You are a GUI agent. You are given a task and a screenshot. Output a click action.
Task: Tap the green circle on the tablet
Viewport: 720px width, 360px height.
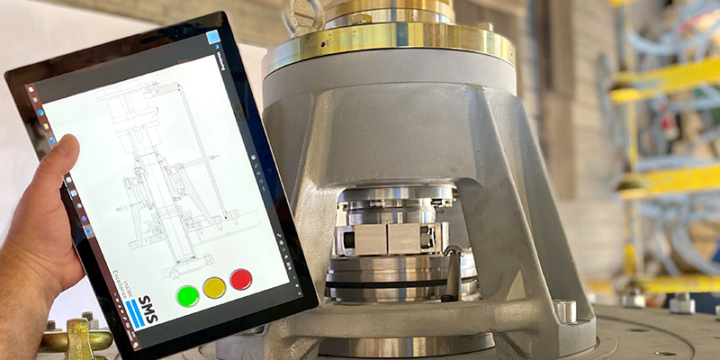point(188,295)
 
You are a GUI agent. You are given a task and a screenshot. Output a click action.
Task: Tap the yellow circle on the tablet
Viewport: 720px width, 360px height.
point(214,287)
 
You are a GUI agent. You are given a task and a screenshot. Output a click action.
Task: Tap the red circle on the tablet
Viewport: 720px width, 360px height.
point(240,279)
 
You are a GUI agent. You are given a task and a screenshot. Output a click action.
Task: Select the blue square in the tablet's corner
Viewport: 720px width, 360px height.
point(213,38)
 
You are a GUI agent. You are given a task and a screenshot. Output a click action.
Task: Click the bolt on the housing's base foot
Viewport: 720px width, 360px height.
point(565,310)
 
